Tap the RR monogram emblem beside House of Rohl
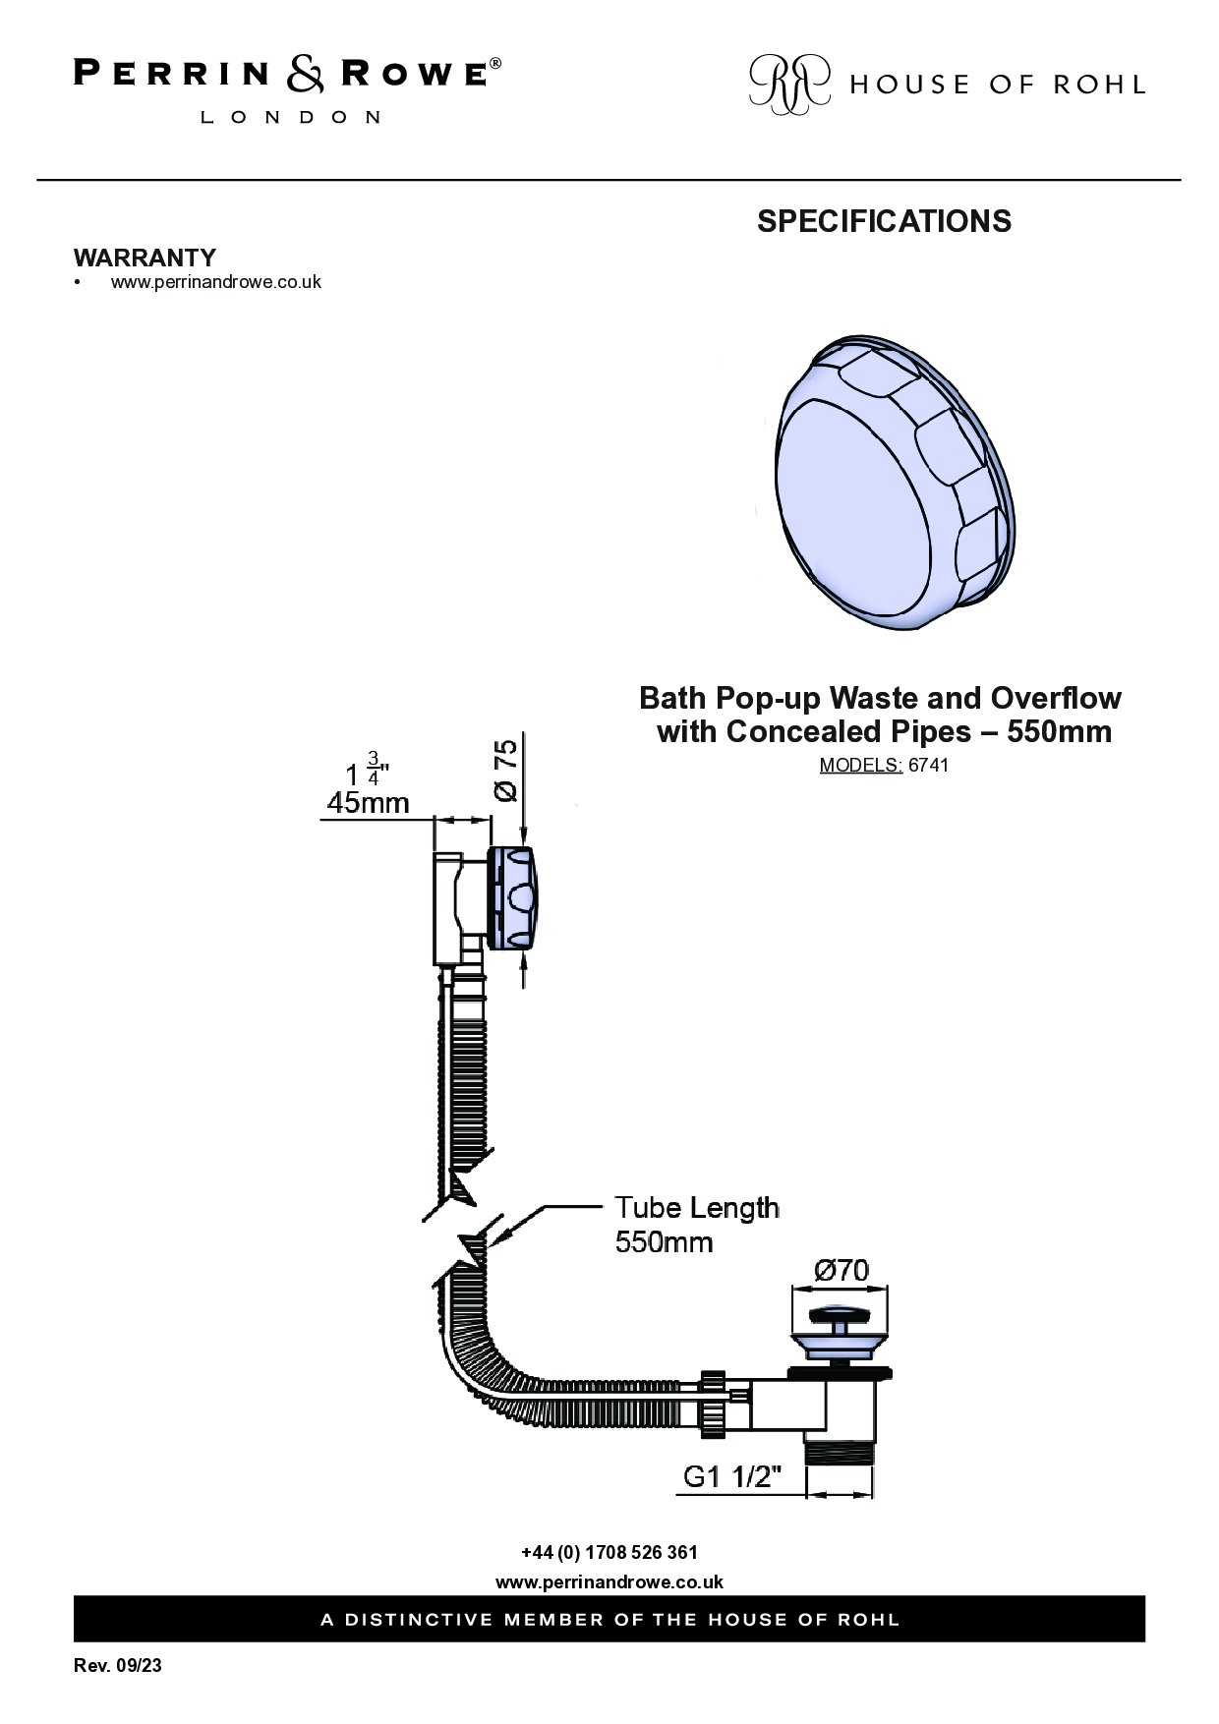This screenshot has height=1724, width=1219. pyautogui.click(x=789, y=82)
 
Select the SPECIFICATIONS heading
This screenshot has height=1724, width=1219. pyautogui.click(x=884, y=221)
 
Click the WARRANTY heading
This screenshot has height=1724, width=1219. pyautogui.click(x=145, y=258)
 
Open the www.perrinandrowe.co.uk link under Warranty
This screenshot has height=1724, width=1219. pyautogui.click(x=215, y=282)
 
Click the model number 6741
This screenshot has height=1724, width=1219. pyautogui.click(x=929, y=765)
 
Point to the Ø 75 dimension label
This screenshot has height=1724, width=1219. pyautogui.click(x=504, y=771)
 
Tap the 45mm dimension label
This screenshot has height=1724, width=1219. pyautogui.click(x=368, y=802)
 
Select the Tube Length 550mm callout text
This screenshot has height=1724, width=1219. pyautogui.click(x=697, y=1224)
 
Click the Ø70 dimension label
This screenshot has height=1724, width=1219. pyautogui.click(x=842, y=1271)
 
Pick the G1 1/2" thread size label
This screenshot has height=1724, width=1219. pyautogui.click(x=732, y=1476)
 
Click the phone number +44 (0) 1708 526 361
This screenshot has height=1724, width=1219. pyautogui.click(x=609, y=1553)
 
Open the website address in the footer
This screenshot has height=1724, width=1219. pyautogui.click(x=609, y=1581)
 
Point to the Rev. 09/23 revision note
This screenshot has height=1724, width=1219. pyautogui.click(x=118, y=1666)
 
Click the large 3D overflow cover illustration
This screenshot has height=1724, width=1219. pyautogui.click(x=898, y=484)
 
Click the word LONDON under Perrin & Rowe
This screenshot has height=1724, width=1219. pyautogui.click(x=291, y=117)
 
